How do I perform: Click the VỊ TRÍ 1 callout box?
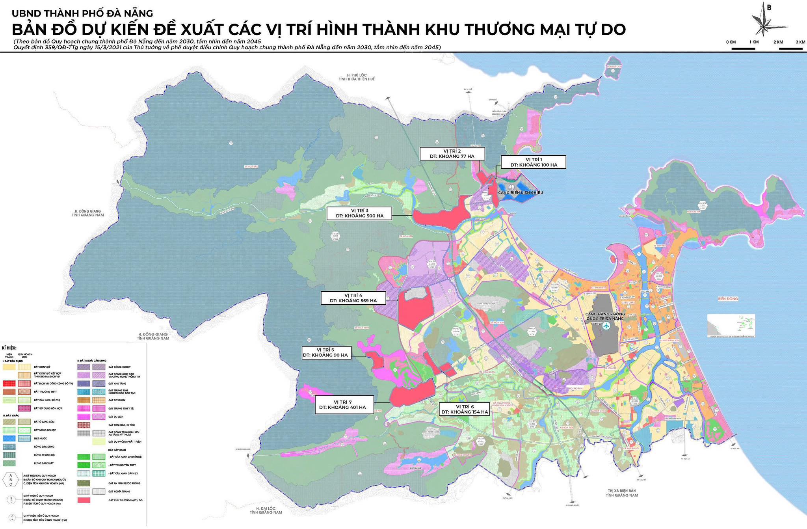tap(534, 162)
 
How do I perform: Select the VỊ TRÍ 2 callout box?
tap(452, 154)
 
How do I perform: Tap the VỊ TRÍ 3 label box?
tap(359, 213)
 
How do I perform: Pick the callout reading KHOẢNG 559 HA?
tap(353, 298)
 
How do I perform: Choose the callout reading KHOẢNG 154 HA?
tap(465, 409)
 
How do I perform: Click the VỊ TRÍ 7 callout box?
tap(344, 404)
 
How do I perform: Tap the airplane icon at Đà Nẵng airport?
tap(606, 326)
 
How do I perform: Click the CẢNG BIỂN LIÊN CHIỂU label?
tap(520, 192)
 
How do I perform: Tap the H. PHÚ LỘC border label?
tap(356, 77)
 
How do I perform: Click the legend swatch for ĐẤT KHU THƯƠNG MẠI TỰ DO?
tap(84, 500)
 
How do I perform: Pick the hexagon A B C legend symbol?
tap(11, 480)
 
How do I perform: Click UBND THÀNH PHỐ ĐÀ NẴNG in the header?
tap(82, 13)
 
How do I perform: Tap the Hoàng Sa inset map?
tap(731, 325)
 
